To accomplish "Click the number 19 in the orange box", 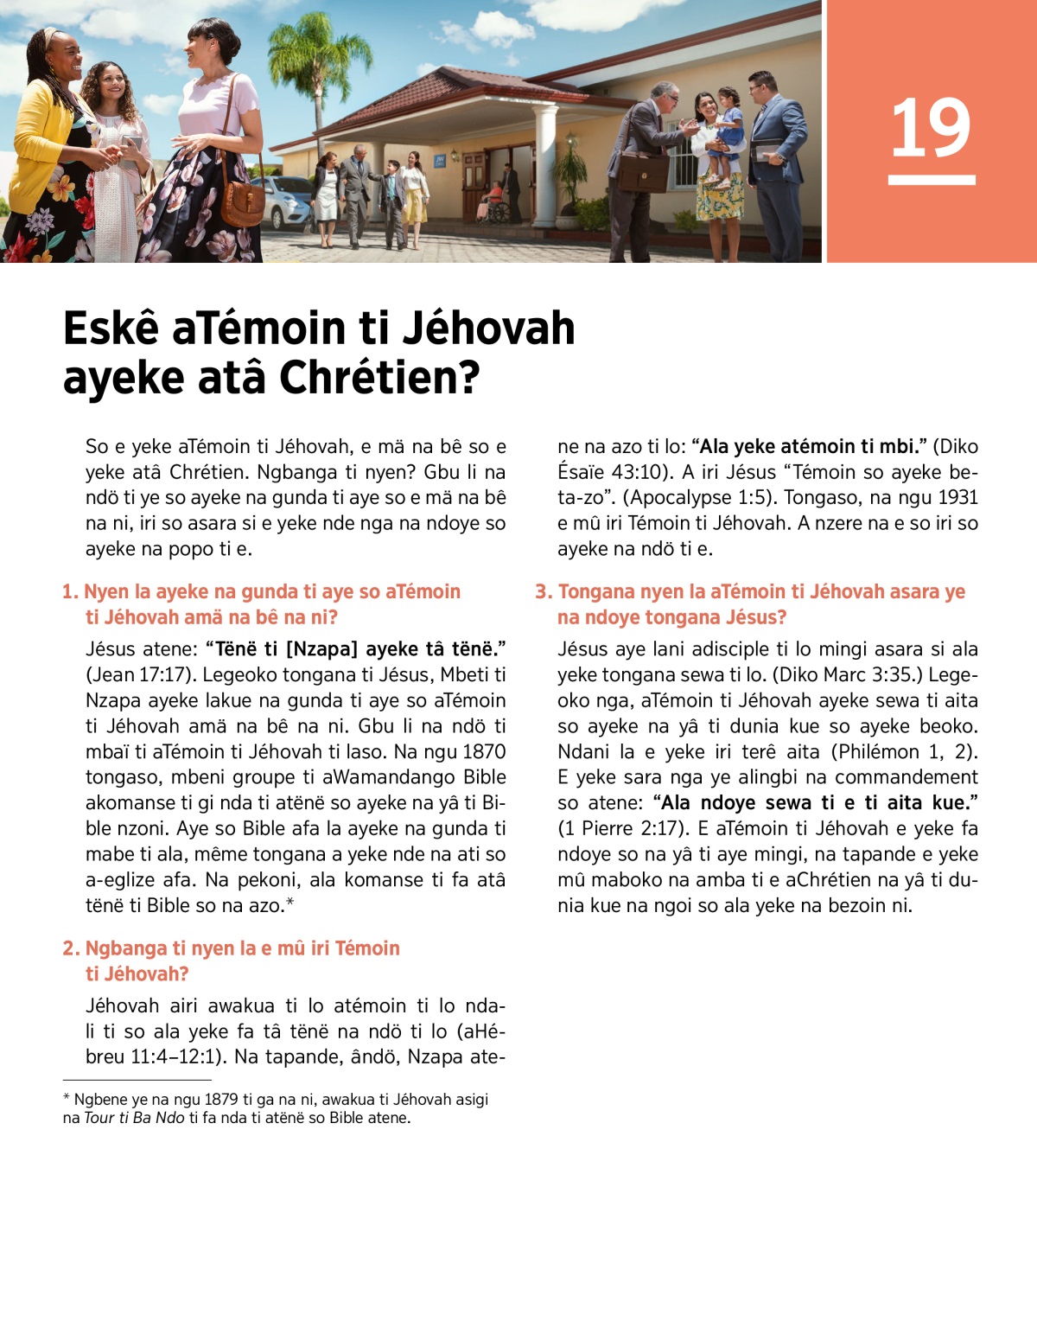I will coord(931,128).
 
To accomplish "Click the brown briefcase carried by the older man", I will coord(644,172).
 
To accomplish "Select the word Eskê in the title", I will coord(111,329).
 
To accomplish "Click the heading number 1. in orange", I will coord(70,592).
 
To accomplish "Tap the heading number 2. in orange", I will coord(71,948).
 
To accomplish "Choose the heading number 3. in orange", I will coord(543,592).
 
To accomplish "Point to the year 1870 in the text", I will coord(484,752).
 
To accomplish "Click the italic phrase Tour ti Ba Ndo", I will coord(134,1118).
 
